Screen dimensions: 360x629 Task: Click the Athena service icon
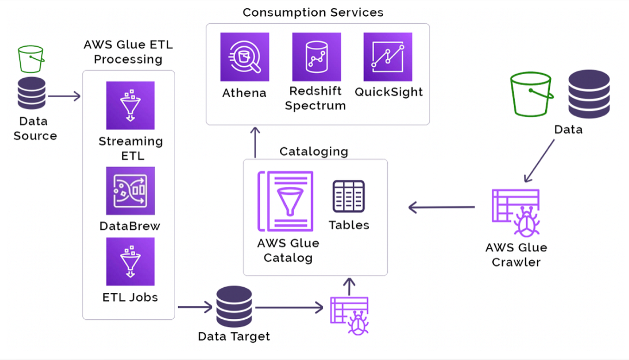point(245,57)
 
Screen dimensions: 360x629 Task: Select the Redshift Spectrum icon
point(316,57)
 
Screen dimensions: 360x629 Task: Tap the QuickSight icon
point(388,57)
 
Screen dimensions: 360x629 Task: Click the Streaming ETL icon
point(130,105)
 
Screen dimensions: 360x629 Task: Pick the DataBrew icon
point(130,191)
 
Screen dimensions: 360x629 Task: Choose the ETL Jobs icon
point(130,261)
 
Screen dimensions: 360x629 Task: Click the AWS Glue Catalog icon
point(285,201)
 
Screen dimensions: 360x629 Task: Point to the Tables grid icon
point(348,196)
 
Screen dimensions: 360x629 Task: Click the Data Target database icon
point(234,306)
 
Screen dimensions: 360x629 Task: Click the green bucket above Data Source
point(31,59)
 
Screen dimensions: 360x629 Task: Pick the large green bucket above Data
point(531,94)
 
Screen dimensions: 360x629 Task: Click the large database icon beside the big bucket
point(589,94)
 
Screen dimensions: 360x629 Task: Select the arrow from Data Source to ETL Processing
point(64,96)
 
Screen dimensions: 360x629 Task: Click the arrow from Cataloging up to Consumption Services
point(255,141)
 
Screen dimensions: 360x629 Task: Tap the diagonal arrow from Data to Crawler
point(539,160)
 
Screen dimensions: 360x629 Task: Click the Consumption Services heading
point(313,12)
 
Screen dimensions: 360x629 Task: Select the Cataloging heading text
point(314,151)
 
